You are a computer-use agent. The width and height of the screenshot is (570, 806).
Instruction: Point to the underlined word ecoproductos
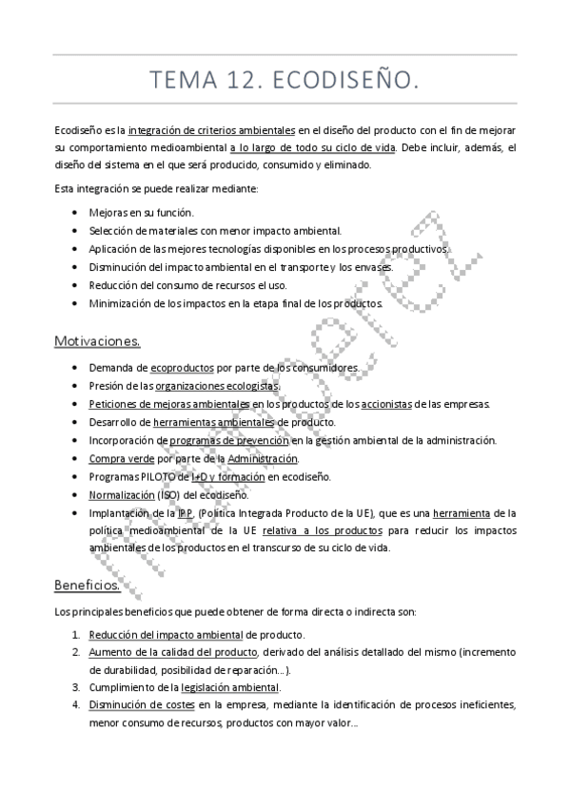[182, 367]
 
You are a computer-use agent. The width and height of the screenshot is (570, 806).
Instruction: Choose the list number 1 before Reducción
[76, 634]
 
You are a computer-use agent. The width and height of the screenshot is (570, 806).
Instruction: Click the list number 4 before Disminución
[76, 705]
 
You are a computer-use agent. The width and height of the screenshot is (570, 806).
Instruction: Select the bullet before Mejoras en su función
[76, 212]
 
